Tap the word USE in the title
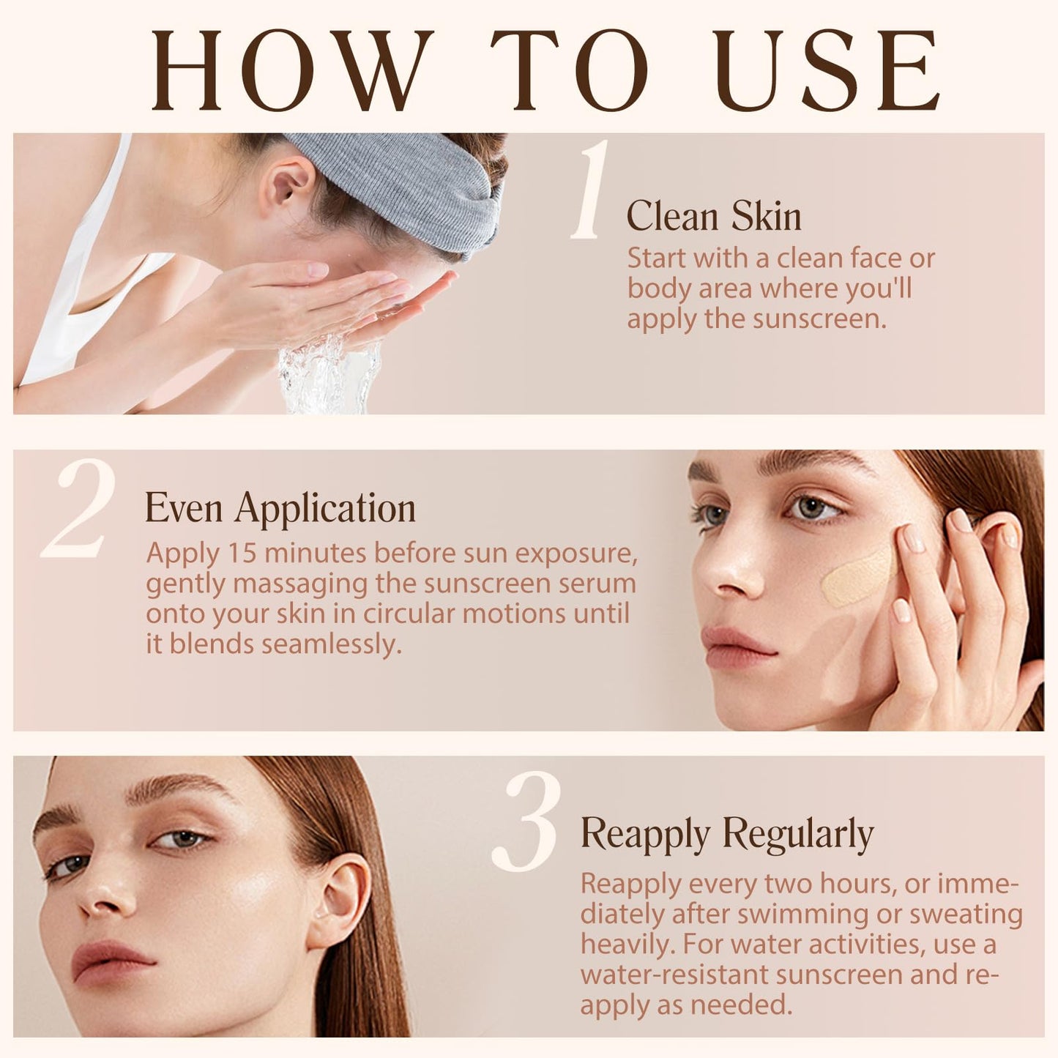(x=828, y=70)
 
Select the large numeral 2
(x=80, y=510)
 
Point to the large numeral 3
(x=527, y=822)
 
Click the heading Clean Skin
(x=714, y=217)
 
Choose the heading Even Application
(x=280, y=508)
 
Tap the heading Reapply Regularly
(x=727, y=834)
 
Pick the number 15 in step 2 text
(x=242, y=553)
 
